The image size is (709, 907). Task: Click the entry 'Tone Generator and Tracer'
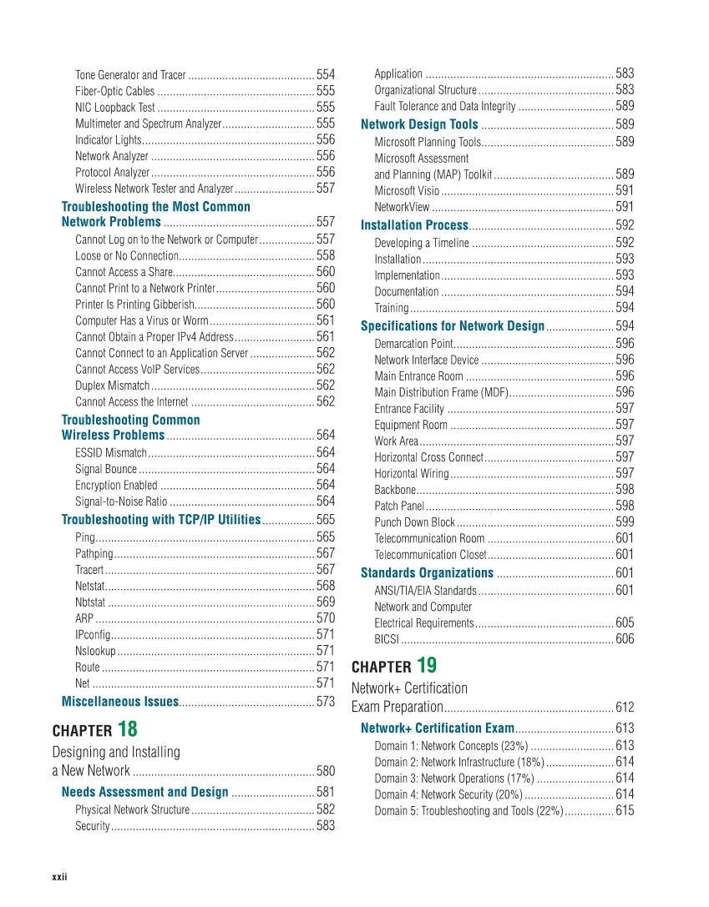pos(130,75)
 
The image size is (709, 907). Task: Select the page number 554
pos(325,75)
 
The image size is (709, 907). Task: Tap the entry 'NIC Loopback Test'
pos(115,108)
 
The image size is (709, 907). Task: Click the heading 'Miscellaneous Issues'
pos(120,702)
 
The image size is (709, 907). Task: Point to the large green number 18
pos(128,728)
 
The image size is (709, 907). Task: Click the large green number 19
pos(426,665)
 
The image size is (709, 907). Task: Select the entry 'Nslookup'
pos(95,651)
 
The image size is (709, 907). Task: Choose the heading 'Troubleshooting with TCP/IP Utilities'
pos(161,520)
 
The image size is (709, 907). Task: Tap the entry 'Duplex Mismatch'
pos(113,385)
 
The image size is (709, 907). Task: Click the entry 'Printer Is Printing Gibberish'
pos(134,305)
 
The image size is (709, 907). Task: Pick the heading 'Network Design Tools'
pos(419,124)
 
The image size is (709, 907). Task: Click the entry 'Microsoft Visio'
pos(407,190)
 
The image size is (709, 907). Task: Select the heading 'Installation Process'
pos(414,225)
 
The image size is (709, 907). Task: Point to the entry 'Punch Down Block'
pos(414,522)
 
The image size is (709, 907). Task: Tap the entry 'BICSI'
pos(386,639)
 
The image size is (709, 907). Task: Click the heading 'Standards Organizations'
pos(427,572)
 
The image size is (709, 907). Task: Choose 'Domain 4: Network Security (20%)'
pos(448,794)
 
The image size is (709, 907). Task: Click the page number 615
pos(624,811)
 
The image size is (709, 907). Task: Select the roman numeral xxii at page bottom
pos(59,876)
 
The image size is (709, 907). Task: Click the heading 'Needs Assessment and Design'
pos(144,792)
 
